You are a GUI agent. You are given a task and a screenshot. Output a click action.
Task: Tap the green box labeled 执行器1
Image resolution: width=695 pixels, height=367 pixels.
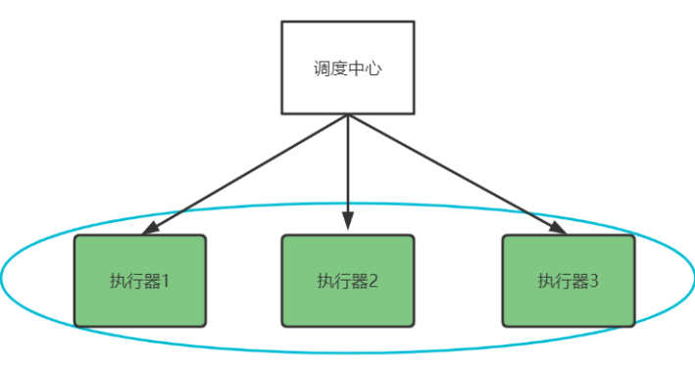point(140,280)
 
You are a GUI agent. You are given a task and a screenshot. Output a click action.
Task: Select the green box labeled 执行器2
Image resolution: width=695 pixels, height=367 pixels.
point(348,280)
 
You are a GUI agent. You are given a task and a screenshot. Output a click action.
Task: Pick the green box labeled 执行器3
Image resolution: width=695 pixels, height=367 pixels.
point(569,280)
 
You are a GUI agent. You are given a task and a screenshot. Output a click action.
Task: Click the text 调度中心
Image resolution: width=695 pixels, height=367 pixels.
point(348,69)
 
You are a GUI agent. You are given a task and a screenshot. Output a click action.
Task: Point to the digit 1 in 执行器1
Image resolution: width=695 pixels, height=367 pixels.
point(166,281)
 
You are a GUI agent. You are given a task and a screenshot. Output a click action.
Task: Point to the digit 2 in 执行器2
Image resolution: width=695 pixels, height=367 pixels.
point(373,281)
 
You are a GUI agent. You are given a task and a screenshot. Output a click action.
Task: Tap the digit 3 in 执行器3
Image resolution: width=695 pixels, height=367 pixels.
point(594,281)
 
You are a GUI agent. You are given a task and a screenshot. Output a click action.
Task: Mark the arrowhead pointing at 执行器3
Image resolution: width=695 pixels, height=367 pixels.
point(558,229)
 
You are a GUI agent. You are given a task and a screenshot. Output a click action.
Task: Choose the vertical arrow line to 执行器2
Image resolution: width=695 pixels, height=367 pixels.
point(348,166)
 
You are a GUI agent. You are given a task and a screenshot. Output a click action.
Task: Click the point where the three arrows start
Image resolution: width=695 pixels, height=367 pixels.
point(348,115)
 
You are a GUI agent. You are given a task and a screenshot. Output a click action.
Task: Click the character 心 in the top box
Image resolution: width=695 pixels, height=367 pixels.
point(377,69)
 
